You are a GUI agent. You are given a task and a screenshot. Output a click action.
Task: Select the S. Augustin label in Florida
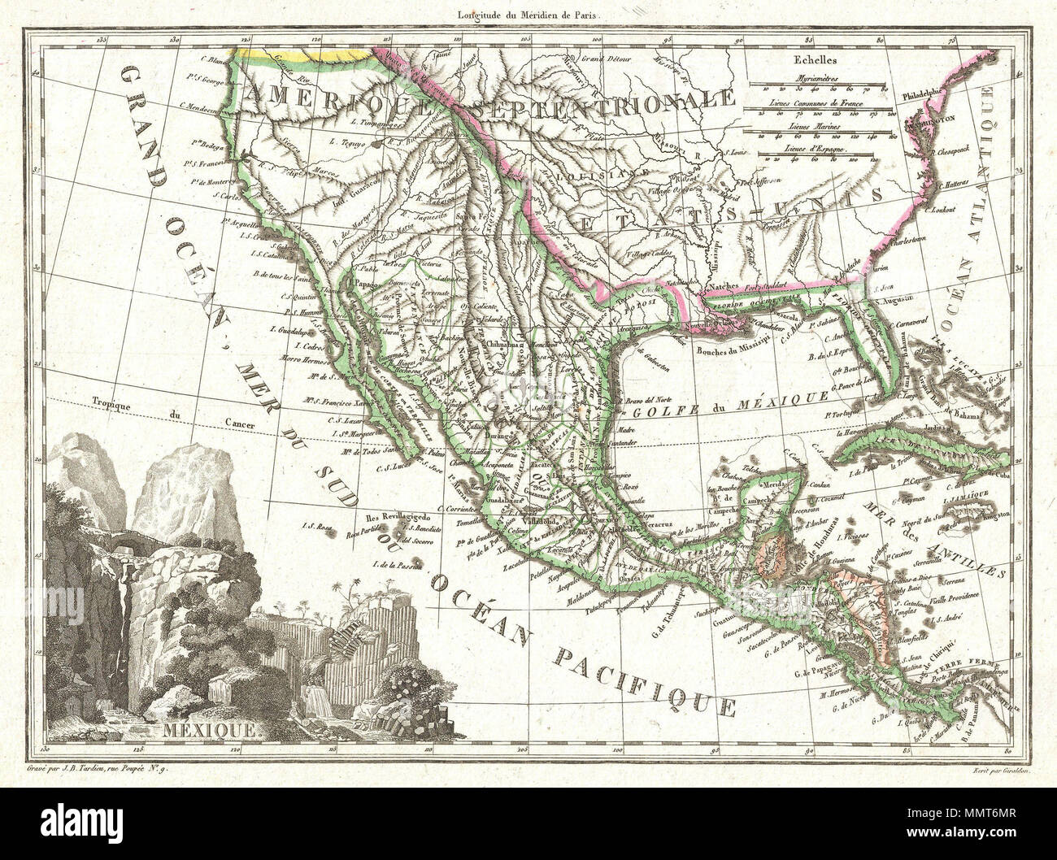pos(890,299)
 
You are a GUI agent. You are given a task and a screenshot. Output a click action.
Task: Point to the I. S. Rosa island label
pos(314,526)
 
